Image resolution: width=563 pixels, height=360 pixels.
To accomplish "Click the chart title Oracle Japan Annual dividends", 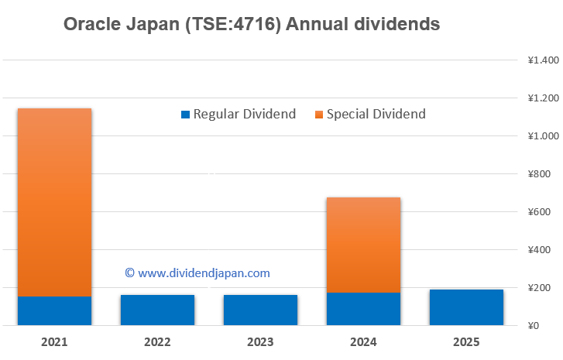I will pos(252,25).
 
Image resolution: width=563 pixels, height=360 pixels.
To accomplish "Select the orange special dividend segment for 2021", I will pos(55,202).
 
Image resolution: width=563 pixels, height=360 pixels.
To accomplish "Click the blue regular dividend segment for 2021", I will pos(55,310).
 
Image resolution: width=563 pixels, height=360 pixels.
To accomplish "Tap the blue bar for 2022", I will pos(158,310).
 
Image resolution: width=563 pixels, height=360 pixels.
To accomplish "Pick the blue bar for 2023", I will pos(261,310).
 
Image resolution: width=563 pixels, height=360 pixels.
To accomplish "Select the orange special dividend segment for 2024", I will pos(364,245).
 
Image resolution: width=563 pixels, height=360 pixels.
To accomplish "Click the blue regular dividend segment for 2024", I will pos(364,308).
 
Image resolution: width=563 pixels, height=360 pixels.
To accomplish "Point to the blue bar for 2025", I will pos(467,307).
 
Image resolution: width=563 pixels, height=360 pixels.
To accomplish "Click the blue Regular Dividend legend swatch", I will pos(185,115).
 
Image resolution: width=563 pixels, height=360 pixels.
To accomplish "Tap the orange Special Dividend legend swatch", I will pos(318,115).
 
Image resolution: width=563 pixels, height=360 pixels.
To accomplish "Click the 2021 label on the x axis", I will pos(55,341).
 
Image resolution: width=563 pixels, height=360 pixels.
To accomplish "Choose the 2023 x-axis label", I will pos(261,341).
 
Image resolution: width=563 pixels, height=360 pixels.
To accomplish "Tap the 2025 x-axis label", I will pos(467,341).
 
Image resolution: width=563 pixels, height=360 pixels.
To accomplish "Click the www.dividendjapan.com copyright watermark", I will pos(197,273).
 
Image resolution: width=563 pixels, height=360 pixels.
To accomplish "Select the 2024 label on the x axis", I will pos(364,341).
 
